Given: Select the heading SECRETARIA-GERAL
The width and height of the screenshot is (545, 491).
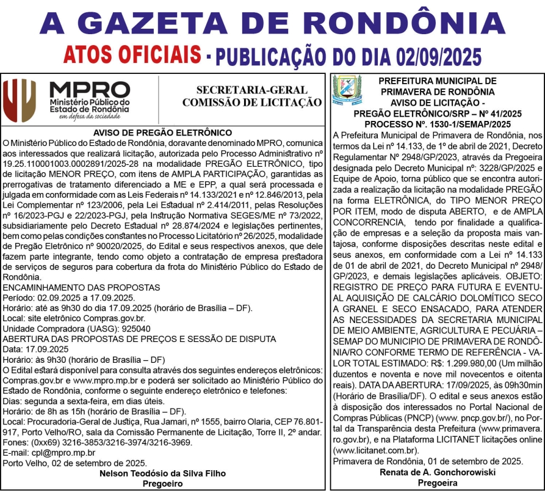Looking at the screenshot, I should pos(251,90).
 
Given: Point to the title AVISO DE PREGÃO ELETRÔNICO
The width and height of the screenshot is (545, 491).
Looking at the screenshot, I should pos(163,133).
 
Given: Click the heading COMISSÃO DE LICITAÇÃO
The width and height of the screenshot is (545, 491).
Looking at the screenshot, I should pos(251,102).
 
